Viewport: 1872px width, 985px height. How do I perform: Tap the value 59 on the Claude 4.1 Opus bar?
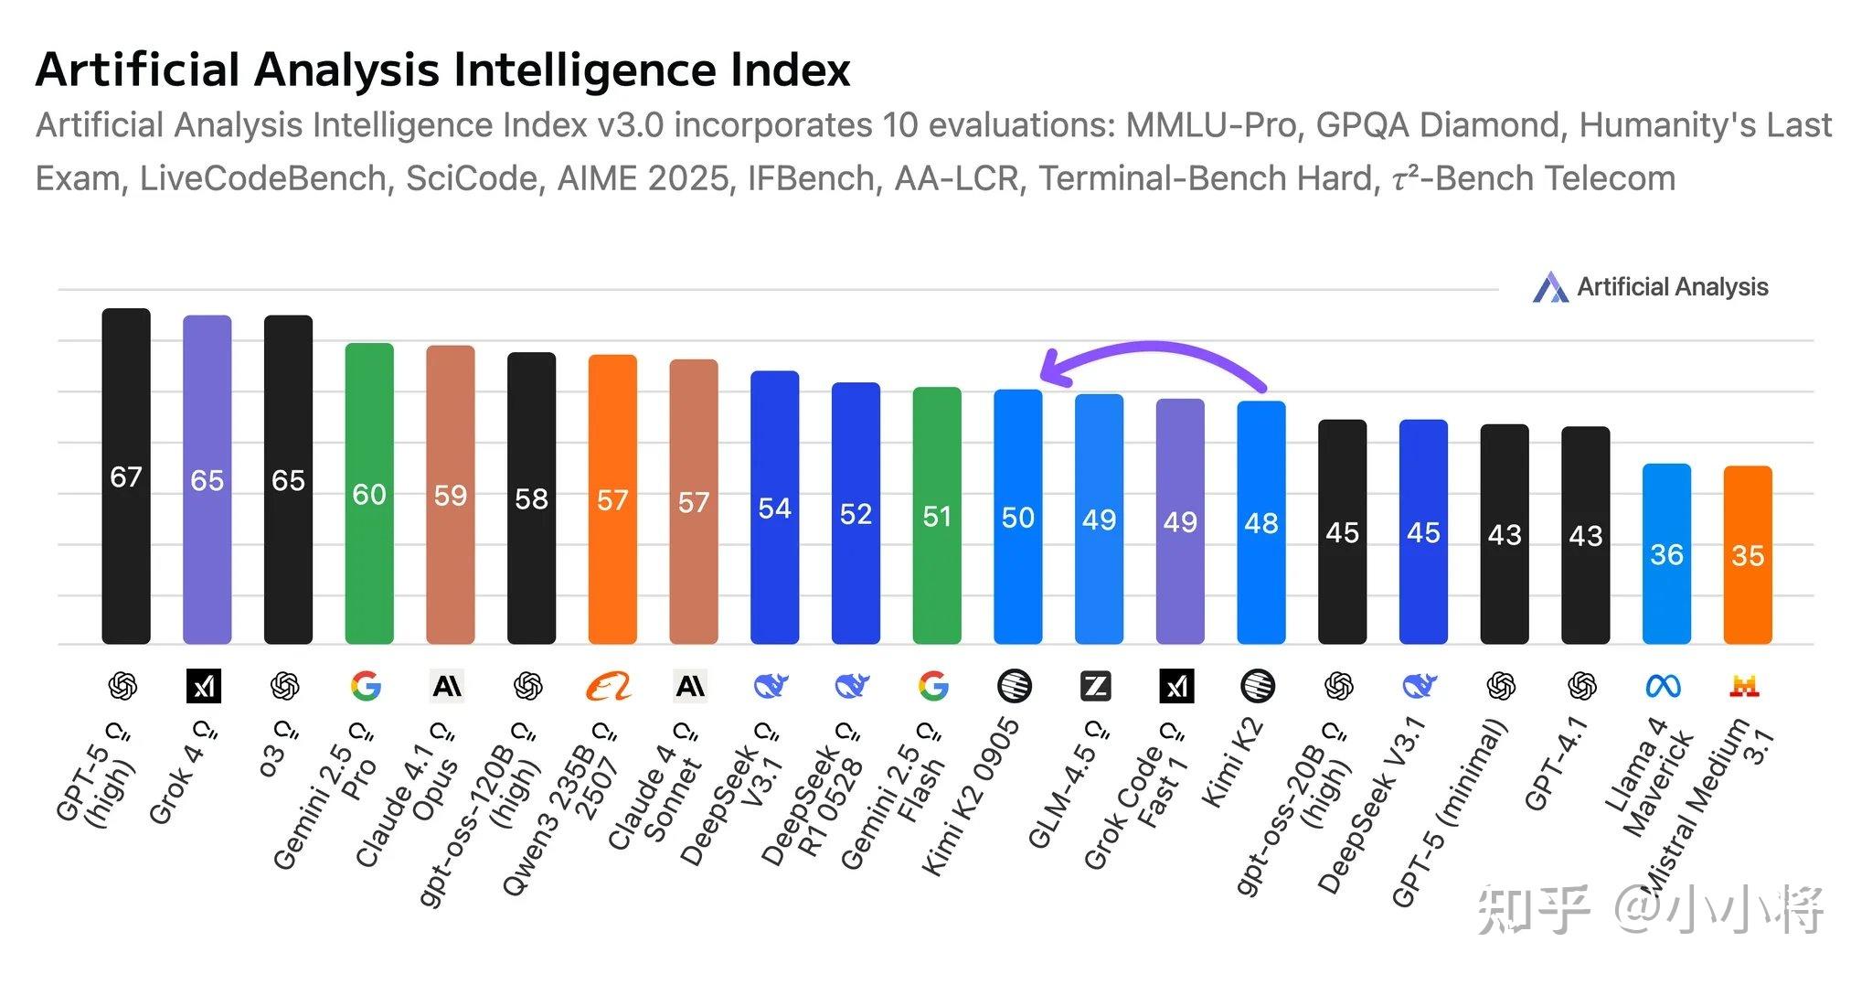(x=450, y=496)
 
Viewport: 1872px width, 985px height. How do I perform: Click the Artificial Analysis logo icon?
(x=1549, y=287)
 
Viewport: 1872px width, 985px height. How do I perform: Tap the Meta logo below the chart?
(x=1663, y=686)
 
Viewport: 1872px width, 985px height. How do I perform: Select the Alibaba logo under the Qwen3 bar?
(x=609, y=686)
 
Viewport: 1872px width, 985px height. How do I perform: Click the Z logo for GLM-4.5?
(x=1095, y=686)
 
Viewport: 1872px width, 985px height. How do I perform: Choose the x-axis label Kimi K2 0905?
(x=971, y=797)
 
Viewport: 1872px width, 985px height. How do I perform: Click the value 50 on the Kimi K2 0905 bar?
(x=1017, y=518)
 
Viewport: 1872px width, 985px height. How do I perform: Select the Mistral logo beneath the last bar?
(x=1744, y=686)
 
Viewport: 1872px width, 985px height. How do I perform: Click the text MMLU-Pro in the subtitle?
(x=1211, y=125)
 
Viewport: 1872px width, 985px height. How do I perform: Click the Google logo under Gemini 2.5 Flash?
(x=933, y=686)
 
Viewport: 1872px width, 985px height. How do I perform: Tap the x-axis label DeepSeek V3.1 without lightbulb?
(x=1372, y=805)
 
